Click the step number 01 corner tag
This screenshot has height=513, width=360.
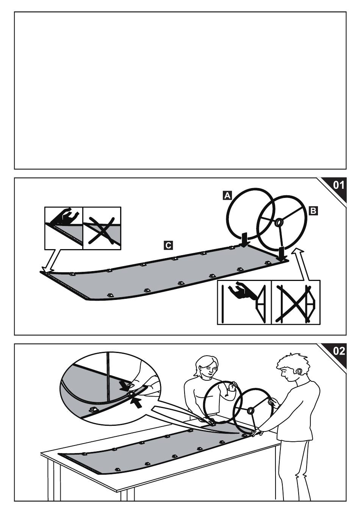pos(338,185)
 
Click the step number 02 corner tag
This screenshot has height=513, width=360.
pos(338,351)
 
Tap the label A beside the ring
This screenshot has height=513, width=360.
pos(227,195)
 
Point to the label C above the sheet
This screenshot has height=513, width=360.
pos(168,245)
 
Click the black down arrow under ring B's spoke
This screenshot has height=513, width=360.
pos(282,254)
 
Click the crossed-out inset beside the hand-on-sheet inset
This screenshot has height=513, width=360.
pos(102,228)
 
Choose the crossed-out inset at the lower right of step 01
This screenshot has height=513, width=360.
pos(296,302)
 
